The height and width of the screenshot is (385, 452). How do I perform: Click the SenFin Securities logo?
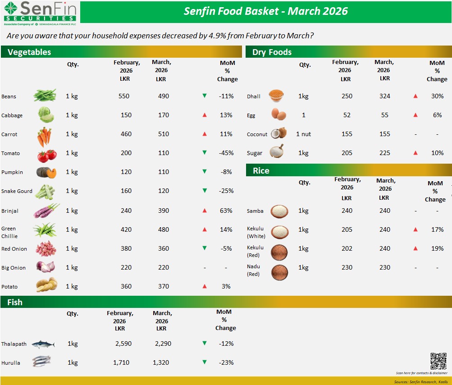[40, 12]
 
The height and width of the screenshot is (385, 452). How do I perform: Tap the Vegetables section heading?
[29, 52]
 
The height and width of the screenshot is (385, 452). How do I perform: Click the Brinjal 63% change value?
[226, 211]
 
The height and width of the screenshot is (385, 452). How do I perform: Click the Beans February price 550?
[124, 96]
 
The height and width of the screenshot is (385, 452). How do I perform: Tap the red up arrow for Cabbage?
[205, 115]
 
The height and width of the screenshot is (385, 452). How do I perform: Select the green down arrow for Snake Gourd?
[205, 191]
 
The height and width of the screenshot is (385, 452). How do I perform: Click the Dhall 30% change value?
[437, 96]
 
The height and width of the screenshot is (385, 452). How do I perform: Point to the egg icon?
[279, 115]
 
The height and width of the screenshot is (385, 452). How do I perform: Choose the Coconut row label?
[257, 134]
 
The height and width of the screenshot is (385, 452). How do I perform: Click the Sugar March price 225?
[384, 153]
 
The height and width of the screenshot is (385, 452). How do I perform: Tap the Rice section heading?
[261, 170]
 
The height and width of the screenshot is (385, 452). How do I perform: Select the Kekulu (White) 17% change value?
[437, 229]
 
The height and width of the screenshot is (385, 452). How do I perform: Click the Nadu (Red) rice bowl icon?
[279, 272]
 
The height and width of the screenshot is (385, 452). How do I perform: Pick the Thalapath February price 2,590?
[123, 344]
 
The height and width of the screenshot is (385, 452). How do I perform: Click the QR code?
[438, 361]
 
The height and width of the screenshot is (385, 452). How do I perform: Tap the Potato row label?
[10, 286]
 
